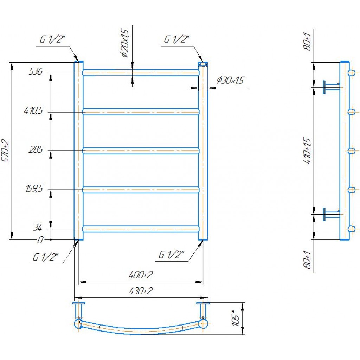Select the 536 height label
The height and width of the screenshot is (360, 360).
36,71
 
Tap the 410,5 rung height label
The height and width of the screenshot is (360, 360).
33,111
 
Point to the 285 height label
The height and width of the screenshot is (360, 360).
36,150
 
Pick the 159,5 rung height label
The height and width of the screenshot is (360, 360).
34,189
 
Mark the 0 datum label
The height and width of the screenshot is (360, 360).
40,240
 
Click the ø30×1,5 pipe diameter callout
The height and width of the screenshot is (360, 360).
230,80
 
